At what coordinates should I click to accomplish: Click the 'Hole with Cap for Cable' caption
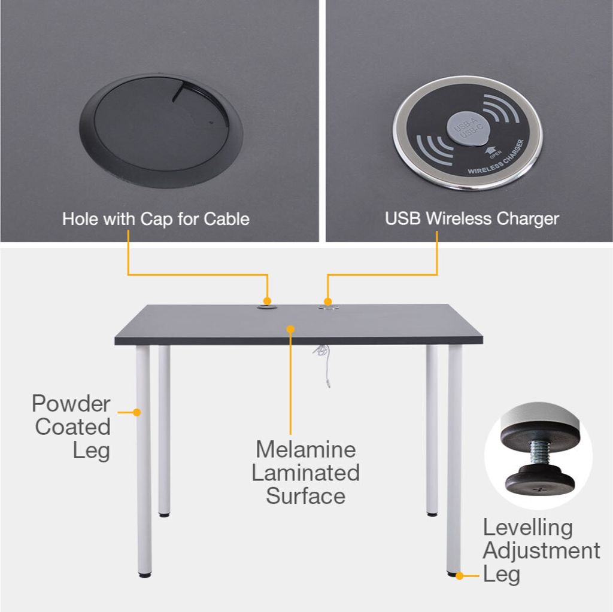click(156, 219)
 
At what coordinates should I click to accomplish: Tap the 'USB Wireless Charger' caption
click(472, 219)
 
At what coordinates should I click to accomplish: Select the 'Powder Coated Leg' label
click(72, 427)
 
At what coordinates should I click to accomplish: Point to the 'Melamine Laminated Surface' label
click(305, 473)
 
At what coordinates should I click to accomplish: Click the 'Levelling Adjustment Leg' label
click(541, 550)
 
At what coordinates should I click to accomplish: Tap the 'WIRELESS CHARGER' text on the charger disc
click(497, 159)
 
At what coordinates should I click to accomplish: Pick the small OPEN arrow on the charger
click(490, 151)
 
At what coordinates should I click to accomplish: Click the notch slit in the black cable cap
click(178, 92)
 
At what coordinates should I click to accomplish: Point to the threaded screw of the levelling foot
click(539, 452)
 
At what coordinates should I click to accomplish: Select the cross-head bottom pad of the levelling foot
click(540, 480)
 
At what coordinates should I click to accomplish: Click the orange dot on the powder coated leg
click(136, 412)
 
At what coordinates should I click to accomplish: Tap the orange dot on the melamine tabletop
click(290, 330)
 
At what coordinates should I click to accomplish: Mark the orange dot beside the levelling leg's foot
click(460, 576)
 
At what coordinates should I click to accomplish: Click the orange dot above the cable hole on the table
click(268, 301)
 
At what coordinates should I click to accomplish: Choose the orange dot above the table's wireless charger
click(328, 302)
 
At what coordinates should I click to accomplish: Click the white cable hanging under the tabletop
click(323, 366)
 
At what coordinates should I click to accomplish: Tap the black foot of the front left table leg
click(145, 575)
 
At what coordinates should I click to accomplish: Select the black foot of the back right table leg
click(432, 514)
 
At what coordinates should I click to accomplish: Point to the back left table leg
click(164, 431)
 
